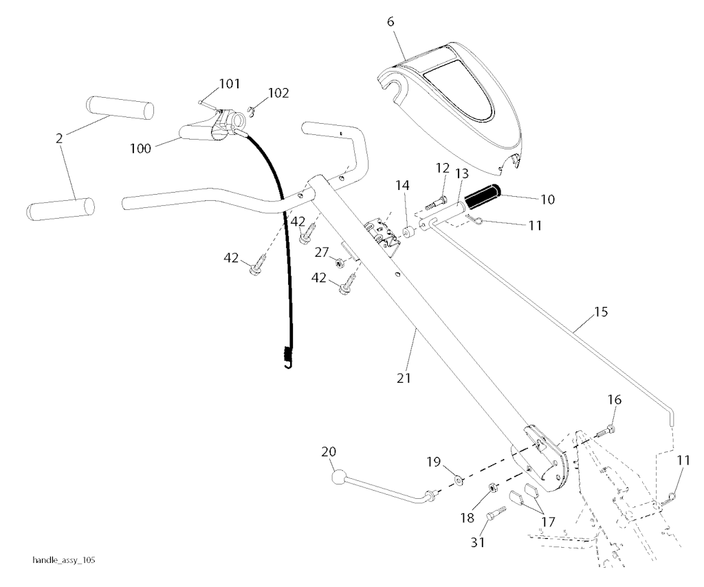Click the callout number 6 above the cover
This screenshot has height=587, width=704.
390,21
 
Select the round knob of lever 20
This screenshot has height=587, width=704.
340,477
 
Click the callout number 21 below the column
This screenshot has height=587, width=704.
404,378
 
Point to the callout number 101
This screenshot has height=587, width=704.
230,83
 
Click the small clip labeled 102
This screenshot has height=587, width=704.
252,111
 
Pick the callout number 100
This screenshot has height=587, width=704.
140,149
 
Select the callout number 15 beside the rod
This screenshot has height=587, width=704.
601,312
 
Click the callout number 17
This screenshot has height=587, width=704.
548,522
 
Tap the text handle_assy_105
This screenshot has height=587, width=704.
64,560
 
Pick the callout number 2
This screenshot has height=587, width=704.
59,138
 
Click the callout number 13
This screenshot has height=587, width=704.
461,173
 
